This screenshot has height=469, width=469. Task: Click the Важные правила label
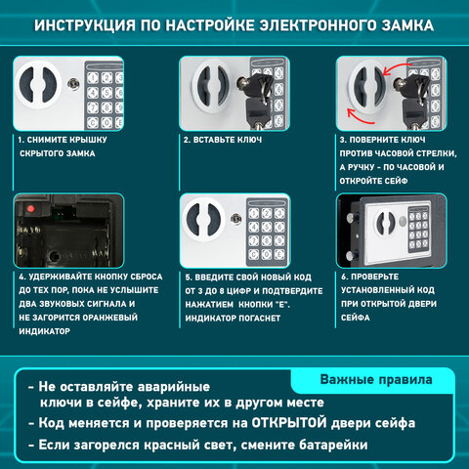[x=372, y=378]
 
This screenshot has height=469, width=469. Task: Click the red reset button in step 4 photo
[x=32, y=208]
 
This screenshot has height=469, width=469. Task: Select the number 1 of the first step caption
[x=21, y=140]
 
